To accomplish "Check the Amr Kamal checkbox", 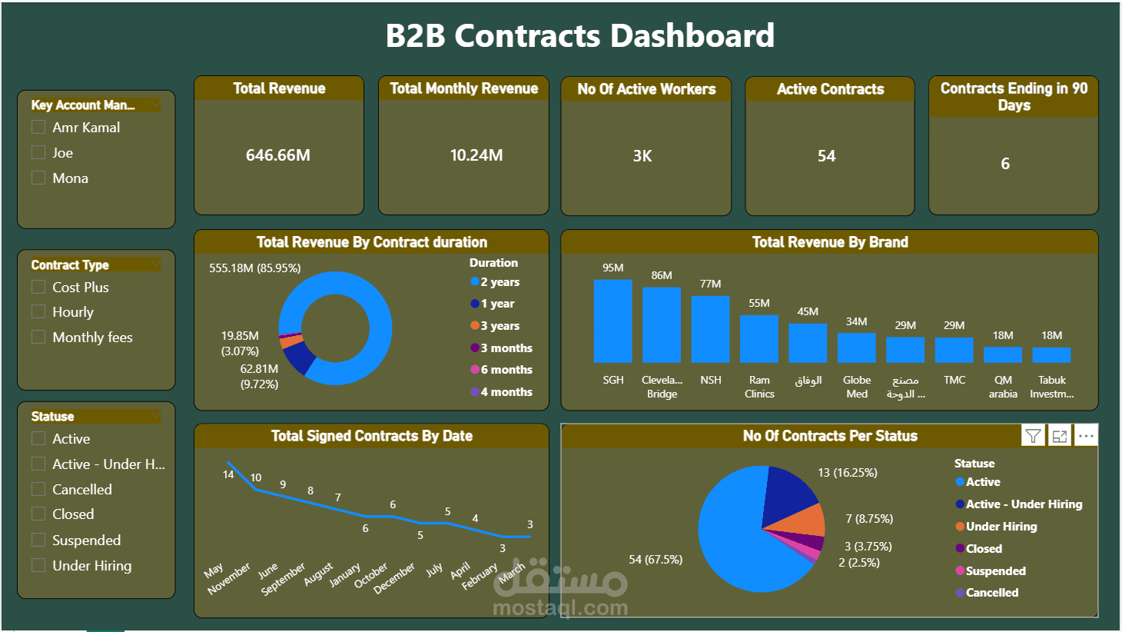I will pos(38,128).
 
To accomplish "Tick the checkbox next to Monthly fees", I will pos(38,337).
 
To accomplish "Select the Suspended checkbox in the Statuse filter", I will pos(38,540).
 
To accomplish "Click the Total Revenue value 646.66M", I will pos(277,155).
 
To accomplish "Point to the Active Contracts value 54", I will pos(826,156).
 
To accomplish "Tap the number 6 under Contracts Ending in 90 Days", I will pos(1004,164).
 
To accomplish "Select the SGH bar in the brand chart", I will pos(612,321).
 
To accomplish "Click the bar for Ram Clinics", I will pos(759,338).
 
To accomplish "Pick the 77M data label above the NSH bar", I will pos(710,284).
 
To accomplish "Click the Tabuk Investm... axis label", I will pos(1051,387).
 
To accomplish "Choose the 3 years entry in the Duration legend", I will pos(500,326).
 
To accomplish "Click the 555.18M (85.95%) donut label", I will pos(255,268).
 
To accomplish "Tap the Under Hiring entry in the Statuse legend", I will pos(1001,527).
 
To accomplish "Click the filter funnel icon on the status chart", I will pos(1033,436).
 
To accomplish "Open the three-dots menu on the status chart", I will pos(1085,436).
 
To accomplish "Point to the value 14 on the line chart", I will pos(228,474).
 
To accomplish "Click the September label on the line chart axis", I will pos(283,579).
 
